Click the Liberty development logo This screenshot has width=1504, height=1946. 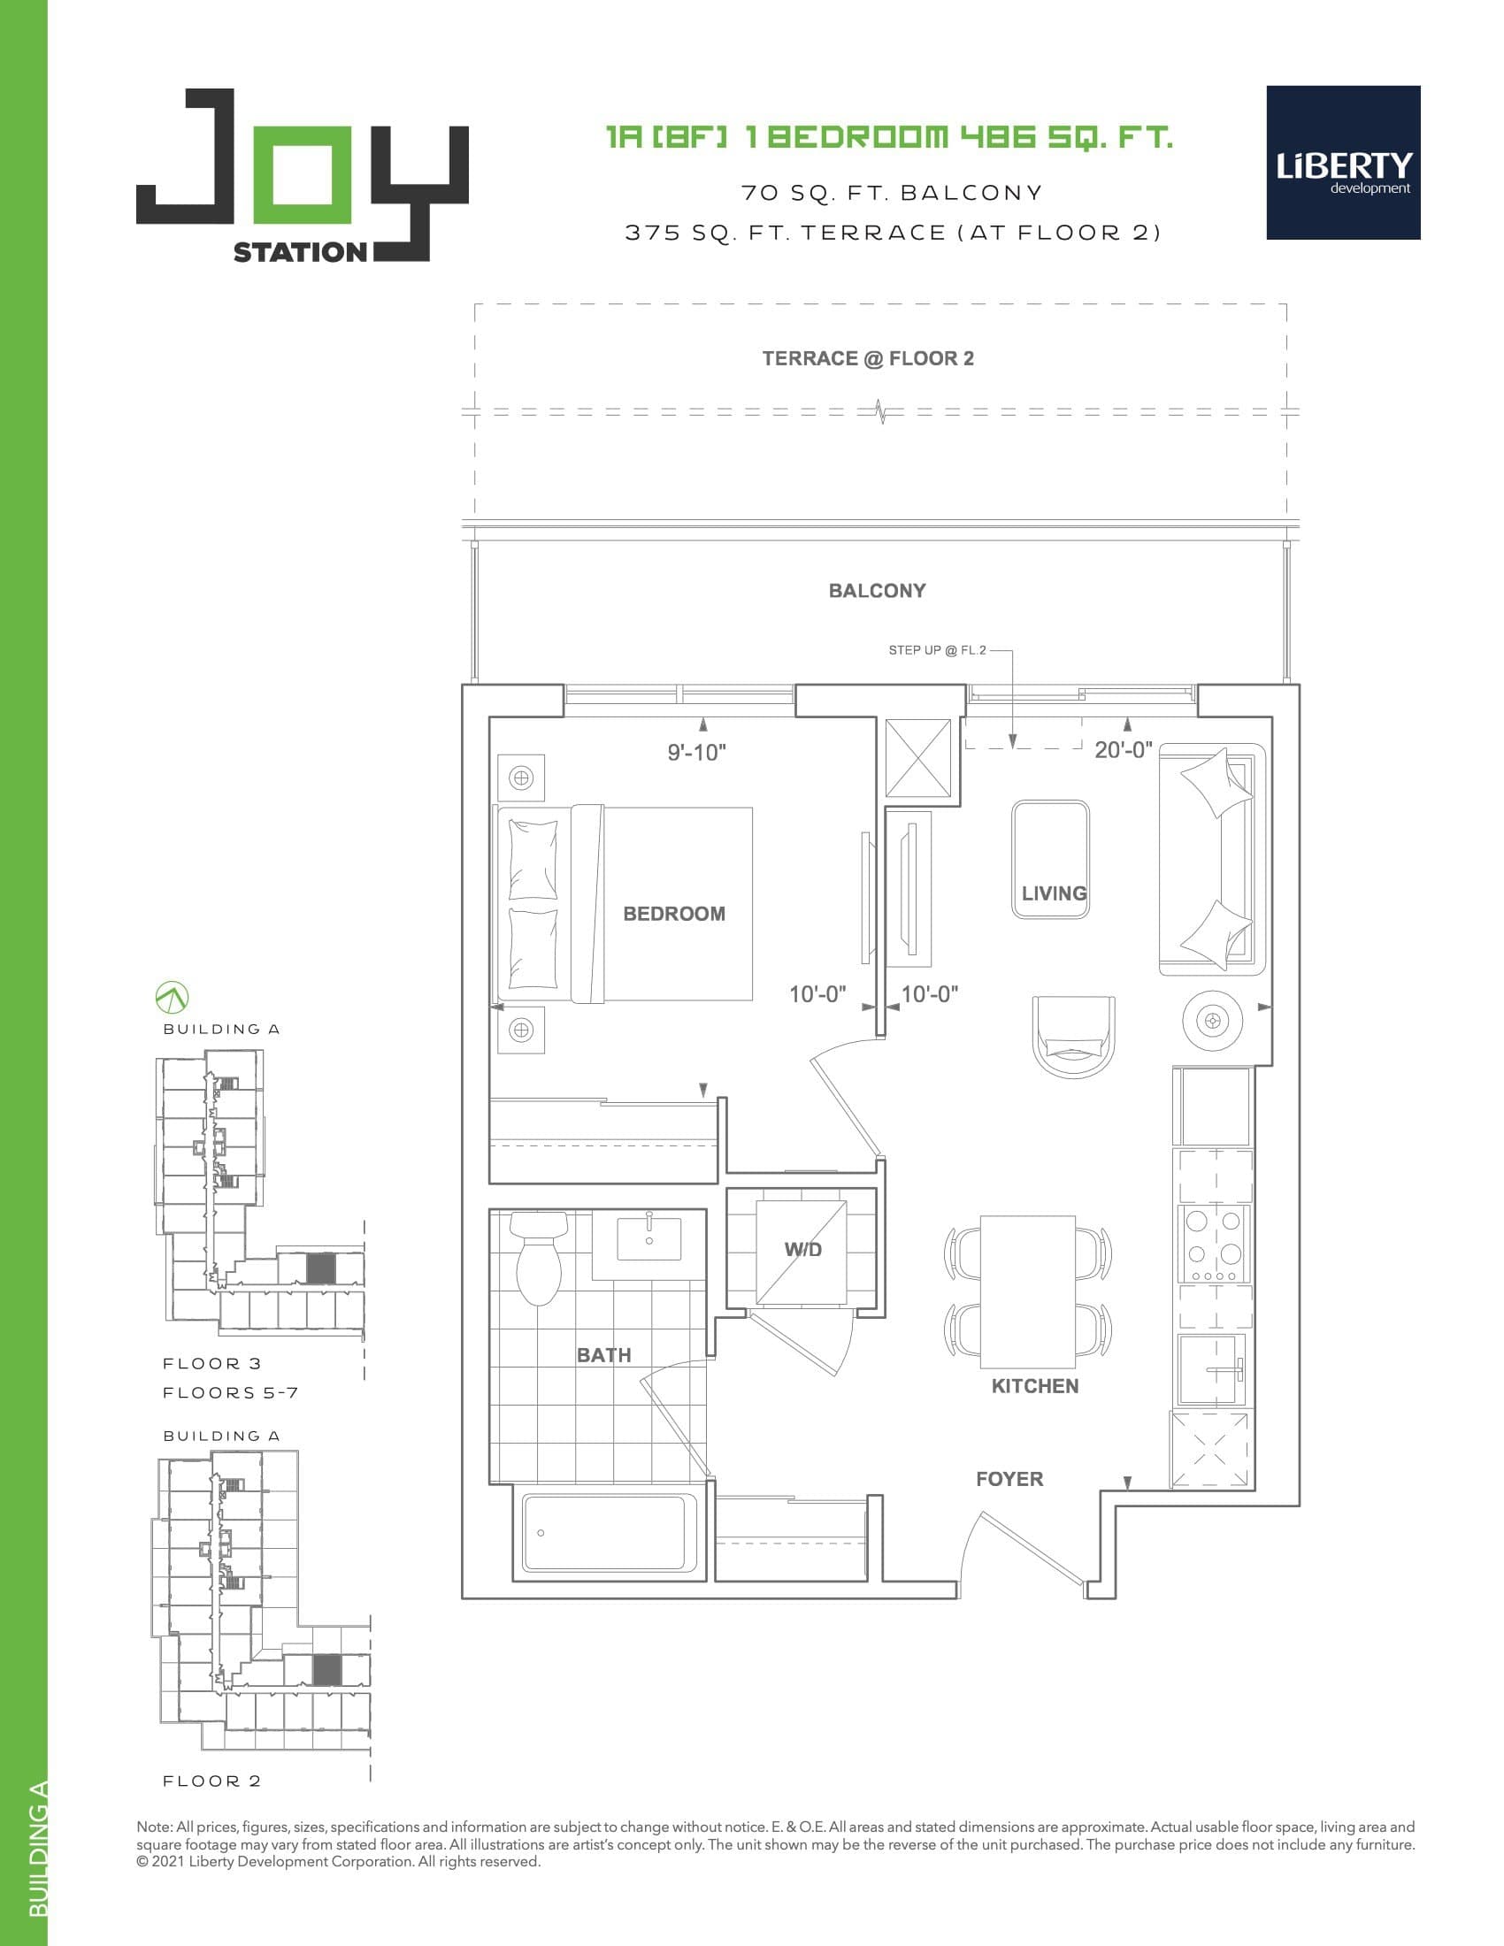(x=1343, y=162)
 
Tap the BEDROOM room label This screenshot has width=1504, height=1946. (x=673, y=914)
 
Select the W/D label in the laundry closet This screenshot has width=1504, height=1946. (x=802, y=1249)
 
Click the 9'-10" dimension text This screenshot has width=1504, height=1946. (x=697, y=752)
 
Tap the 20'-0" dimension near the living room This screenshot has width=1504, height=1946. (x=1123, y=749)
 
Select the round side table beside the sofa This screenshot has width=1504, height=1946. (x=1212, y=1019)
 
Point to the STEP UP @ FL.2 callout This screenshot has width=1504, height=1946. (x=936, y=649)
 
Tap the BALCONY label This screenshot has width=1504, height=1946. (x=877, y=591)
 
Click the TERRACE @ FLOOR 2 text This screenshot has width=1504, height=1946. (x=868, y=358)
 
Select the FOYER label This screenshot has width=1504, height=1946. (x=1009, y=1479)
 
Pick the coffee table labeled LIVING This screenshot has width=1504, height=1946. (x=1049, y=858)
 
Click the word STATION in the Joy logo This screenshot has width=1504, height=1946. (x=299, y=252)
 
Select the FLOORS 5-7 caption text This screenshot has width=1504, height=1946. (x=230, y=1392)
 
